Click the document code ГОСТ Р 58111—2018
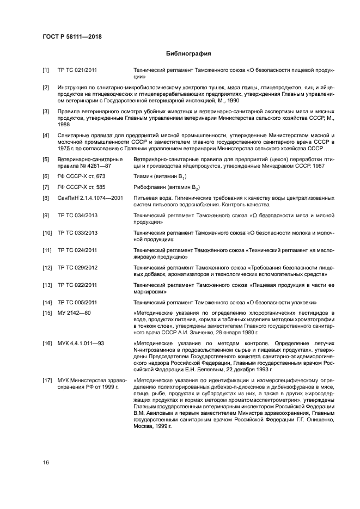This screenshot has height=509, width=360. point(72,36)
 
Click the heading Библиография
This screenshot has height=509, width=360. point(188,54)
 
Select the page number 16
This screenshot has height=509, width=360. point(46,462)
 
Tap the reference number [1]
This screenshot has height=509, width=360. point(46,71)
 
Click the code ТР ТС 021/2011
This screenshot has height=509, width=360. point(78,71)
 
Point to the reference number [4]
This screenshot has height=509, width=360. point(46,134)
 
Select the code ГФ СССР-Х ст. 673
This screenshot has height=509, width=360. point(82,176)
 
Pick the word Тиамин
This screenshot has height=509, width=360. point(143,176)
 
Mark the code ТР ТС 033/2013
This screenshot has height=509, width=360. point(78,233)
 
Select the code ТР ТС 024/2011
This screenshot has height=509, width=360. point(78,250)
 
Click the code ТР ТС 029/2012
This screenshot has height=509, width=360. point(78,267)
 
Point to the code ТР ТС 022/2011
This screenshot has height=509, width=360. point(78,285)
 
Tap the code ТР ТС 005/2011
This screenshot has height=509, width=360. point(78,302)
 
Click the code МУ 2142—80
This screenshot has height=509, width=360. point(75,312)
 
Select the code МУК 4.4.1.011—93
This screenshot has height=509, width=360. point(81,344)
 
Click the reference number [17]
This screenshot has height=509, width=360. point(47,379)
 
